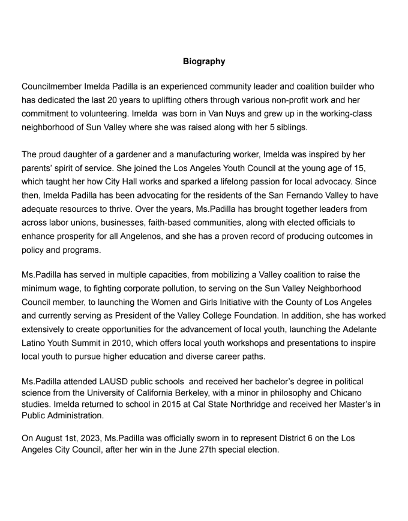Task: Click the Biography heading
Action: (204, 61)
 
